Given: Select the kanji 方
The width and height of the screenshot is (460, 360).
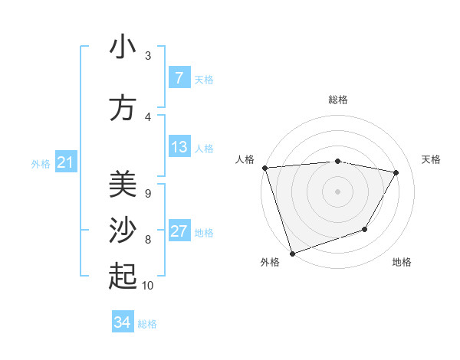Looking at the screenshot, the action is (123, 108).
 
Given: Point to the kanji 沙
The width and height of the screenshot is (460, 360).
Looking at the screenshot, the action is (123, 231).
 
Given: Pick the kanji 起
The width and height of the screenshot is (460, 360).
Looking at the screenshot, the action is (123, 277).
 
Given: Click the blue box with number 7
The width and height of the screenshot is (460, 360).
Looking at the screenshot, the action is (179, 78).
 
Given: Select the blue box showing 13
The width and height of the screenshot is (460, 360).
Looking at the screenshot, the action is (179, 148).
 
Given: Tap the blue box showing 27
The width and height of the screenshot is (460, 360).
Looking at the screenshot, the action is (179, 232).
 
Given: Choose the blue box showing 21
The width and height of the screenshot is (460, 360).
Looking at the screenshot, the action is (65, 162).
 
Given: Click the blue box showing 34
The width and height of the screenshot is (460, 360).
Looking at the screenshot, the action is (123, 322).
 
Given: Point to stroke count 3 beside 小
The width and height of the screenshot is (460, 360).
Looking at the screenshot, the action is (148, 55).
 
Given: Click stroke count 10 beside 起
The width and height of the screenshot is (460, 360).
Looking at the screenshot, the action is (148, 286).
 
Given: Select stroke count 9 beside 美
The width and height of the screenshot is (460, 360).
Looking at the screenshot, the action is (148, 193).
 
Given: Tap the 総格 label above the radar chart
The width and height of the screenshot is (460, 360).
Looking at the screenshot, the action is (338, 100).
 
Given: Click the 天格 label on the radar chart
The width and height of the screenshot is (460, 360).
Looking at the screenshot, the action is (432, 159).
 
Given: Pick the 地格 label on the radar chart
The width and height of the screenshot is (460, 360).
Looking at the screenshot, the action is (402, 262).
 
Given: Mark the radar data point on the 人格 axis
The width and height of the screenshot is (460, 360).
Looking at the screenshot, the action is (264, 168).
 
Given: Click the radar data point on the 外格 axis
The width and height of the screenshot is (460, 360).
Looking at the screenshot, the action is (292, 253).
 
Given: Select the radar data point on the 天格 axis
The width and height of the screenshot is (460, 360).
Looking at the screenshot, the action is (396, 172).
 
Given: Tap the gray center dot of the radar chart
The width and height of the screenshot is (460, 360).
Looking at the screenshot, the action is (338, 191).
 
